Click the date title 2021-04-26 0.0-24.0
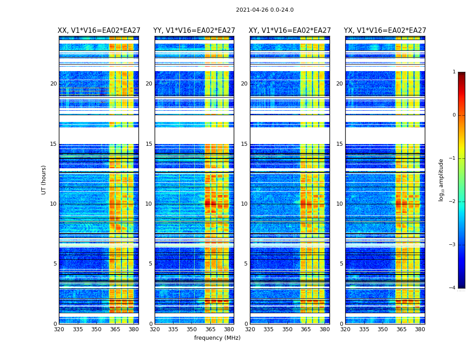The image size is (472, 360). pyautogui.click(x=265, y=10)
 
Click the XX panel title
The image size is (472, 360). pyautogui.click(x=98, y=31)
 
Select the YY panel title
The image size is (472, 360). pyautogui.click(x=194, y=31)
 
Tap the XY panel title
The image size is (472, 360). pyautogui.click(x=290, y=31)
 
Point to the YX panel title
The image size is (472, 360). pyautogui.click(x=385, y=31)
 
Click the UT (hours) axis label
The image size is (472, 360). pyautogui.click(x=44, y=180)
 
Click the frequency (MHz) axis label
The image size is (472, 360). pyautogui.click(x=217, y=338)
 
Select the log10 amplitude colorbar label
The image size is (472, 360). pyautogui.click(x=441, y=180)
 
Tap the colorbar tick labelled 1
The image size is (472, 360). pyautogui.click(x=454, y=72)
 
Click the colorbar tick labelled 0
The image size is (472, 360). pyautogui.click(x=454, y=115)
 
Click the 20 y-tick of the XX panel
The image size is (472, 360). pyautogui.click(x=53, y=84)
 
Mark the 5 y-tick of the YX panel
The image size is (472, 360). pyautogui.click(x=341, y=264)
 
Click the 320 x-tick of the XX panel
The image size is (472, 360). pyautogui.click(x=59, y=329)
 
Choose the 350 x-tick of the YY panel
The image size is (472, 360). pyautogui.click(x=192, y=329)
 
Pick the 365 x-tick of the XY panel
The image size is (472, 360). pyautogui.click(x=306, y=329)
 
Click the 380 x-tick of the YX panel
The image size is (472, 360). pyautogui.click(x=420, y=329)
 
